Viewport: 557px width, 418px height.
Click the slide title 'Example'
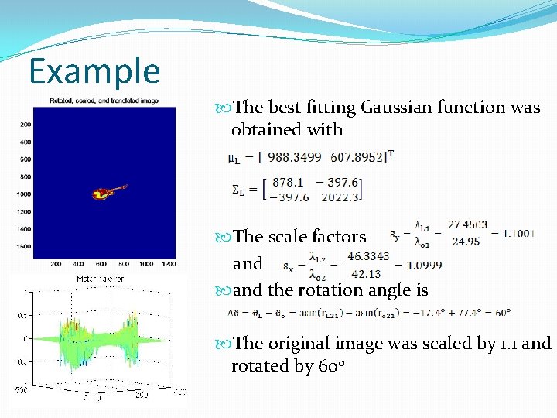pos(94,71)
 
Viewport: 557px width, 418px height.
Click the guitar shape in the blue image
pos(108,190)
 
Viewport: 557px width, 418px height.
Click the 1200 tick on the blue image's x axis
pos(168,264)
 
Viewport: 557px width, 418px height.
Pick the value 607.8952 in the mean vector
pos(357,157)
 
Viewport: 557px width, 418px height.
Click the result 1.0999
pos(424,264)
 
